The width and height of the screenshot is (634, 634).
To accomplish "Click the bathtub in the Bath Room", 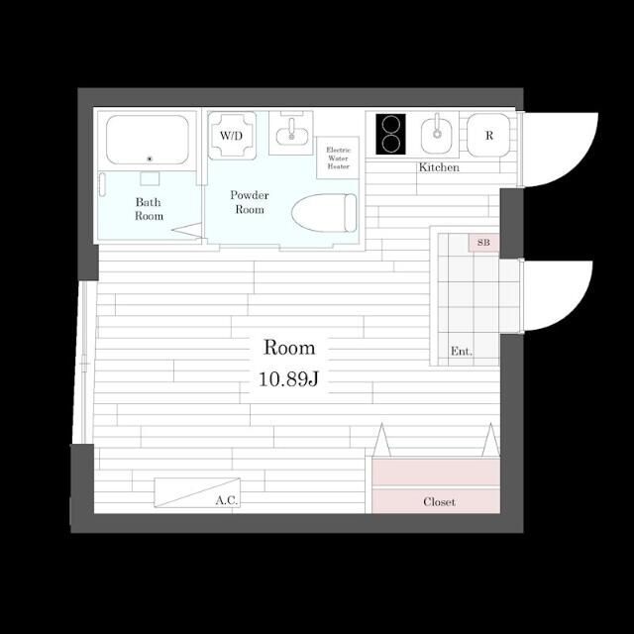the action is point(148,140).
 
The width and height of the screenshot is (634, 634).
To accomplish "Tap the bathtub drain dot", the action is point(150,158).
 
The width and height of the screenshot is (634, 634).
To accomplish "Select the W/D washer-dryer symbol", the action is point(232,136).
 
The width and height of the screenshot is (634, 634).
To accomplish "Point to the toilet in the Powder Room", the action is point(324,213).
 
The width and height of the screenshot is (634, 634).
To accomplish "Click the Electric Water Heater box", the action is point(338,158).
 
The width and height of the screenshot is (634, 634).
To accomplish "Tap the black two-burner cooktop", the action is point(390,135).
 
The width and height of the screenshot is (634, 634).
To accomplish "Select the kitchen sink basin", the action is point(437,135).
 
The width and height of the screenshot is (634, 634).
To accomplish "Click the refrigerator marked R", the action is point(488,135).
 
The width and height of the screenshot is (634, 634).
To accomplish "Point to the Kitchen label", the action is point(439,167).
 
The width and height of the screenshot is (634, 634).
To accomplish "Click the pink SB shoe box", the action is point(483,243).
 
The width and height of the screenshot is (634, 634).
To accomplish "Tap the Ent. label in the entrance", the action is point(462,351).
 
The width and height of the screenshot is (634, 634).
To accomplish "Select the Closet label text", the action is point(439,502).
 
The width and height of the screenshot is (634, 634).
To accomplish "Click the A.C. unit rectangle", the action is point(197,492).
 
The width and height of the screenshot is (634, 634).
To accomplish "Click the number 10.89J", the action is point(288,378).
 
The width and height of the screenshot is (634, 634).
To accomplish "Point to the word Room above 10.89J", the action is point(289,348).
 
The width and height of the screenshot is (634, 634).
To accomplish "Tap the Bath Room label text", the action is point(149,209).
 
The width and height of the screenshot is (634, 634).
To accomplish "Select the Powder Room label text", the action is point(250,202).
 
